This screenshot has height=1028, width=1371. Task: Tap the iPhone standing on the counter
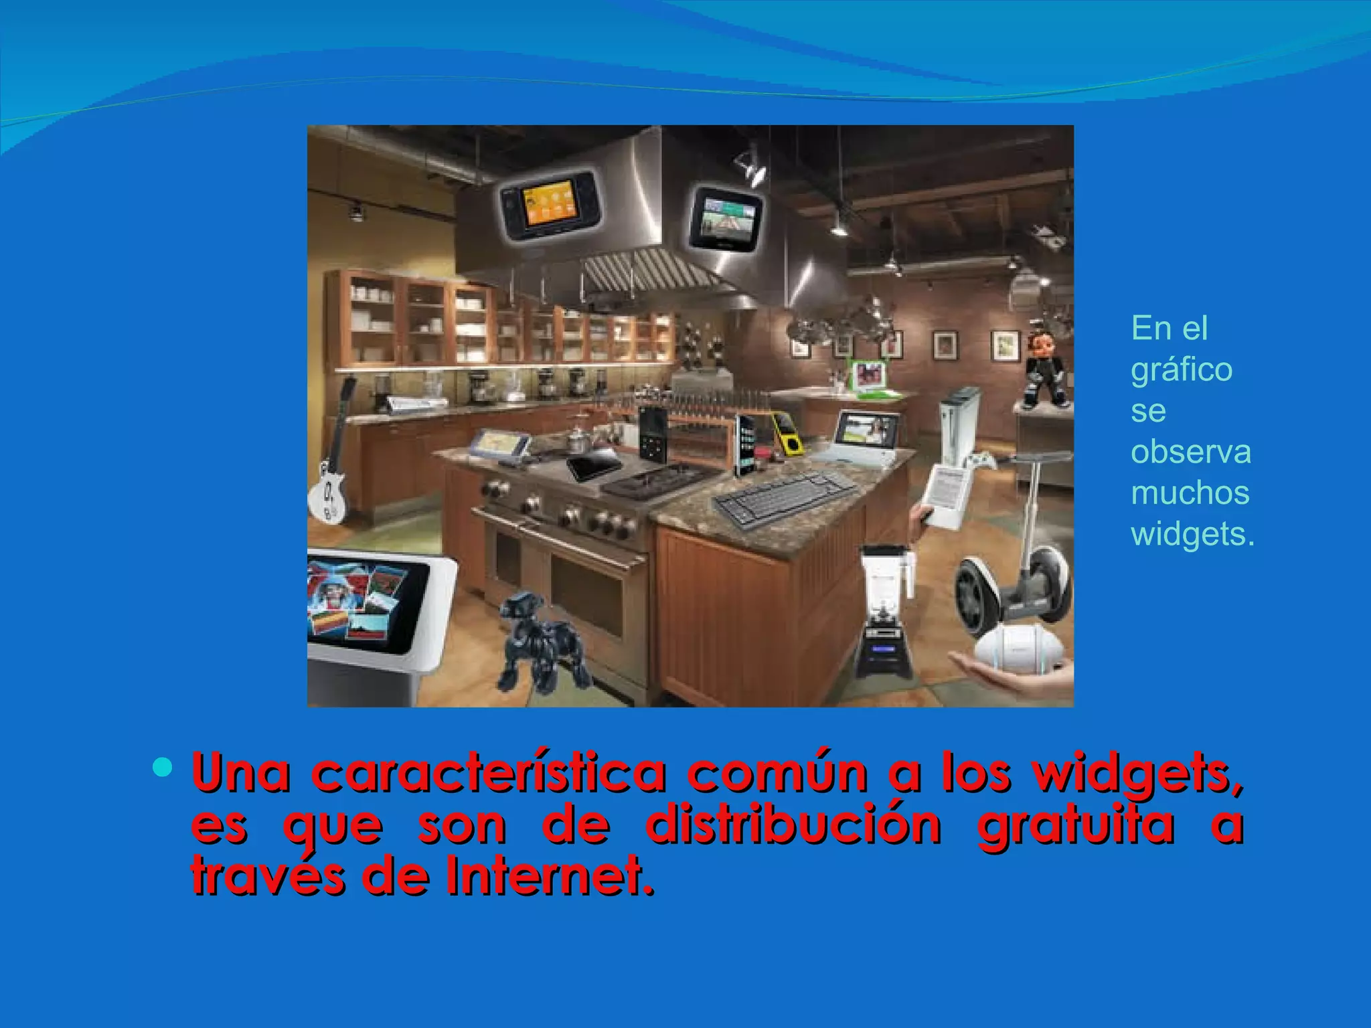coord(744,445)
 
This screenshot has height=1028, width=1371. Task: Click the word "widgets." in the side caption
coord(1192,534)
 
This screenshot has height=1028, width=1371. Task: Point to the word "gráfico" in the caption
coord(1182,369)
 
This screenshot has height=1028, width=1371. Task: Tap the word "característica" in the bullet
coord(489,774)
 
